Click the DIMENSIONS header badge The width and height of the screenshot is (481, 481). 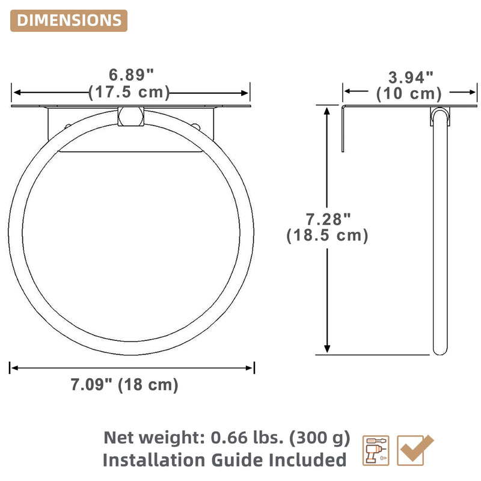69,20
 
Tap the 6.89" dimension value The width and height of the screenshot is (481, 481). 131,75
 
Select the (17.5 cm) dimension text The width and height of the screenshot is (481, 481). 129,92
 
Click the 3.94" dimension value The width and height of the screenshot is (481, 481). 411,78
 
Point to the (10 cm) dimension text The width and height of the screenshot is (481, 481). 409,94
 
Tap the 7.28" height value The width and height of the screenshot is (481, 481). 328,219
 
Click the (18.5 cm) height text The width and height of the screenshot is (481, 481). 327,236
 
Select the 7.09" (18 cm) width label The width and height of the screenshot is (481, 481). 124,385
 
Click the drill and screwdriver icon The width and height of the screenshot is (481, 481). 376,450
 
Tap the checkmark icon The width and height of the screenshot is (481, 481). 415,450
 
